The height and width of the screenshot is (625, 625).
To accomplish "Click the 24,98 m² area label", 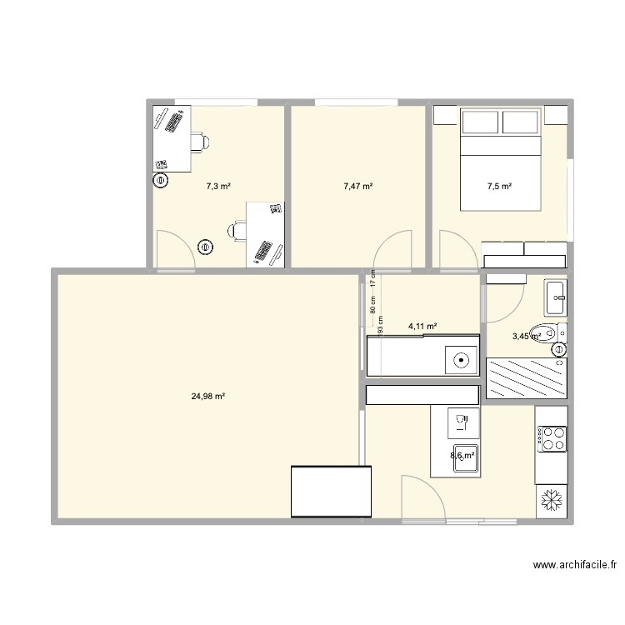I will [x=208, y=397].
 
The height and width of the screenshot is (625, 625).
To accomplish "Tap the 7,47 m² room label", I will [x=357, y=187].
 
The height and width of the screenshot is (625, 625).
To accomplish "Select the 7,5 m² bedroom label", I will [x=500, y=187].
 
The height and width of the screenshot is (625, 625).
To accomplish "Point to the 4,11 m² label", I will [x=422, y=327].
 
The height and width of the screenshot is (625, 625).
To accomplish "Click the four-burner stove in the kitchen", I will [x=552, y=438].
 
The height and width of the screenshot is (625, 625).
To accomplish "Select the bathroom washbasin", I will [x=556, y=292].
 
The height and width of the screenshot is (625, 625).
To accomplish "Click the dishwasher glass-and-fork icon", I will [x=461, y=422].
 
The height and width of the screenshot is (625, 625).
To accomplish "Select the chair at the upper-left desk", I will [x=199, y=142].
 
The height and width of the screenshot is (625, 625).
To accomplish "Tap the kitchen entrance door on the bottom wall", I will [x=422, y=500].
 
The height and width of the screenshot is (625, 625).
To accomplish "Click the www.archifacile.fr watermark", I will [x=575, y=565].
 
